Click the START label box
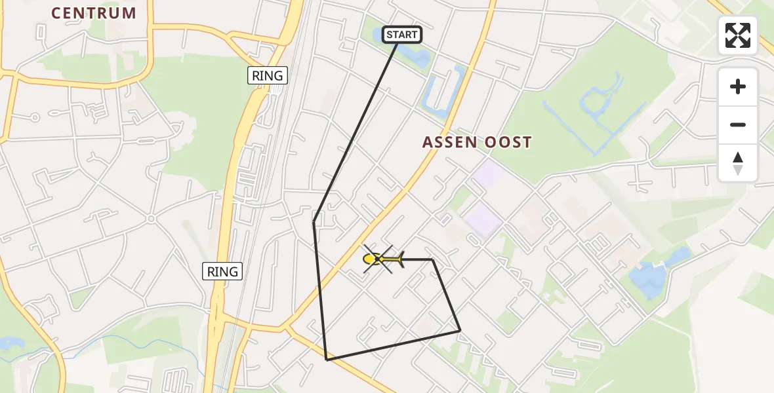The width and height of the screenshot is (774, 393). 401,35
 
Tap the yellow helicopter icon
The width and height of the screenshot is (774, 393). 382,260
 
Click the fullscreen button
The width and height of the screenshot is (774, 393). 738,35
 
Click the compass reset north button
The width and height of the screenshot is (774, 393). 738,163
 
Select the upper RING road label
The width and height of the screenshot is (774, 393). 268,75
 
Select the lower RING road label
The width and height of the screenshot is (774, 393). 223,271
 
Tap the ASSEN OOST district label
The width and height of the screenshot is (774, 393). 477,142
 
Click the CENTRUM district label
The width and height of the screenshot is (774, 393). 94,12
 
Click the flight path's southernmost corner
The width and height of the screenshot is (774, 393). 327,360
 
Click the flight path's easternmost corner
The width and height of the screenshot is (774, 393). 460,331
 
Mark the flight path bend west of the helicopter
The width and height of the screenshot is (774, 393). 314,222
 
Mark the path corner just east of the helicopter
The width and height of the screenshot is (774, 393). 432,260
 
